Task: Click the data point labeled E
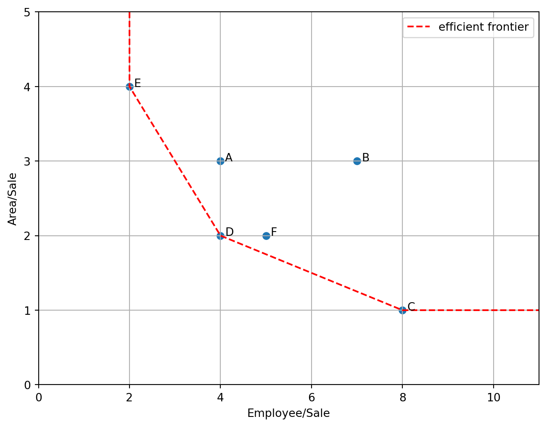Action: click(x=129, y=87)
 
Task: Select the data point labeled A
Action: click(x=220, y=161)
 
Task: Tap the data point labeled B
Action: click(x=357, y=161)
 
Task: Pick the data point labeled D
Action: click(x=220, y=236)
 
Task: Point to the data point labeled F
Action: click(x=266, y=236)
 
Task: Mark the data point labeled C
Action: click(x=402, y=310)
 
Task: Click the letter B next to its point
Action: click(x=366, y=158)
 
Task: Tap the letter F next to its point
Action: click(x=274, y=232)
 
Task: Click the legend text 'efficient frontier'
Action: click(x=484, y=27)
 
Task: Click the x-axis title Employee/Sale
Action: click(x=288, y=414)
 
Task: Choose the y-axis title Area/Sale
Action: click(x=13, y=199)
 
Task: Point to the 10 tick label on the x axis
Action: click(x=494, y=397)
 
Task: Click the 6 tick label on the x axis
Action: click(x=312, y=397)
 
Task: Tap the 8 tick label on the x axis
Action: click(x=402, y=397)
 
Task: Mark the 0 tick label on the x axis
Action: click(x=39, y=397)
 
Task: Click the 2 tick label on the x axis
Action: click(x=129, y=397)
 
